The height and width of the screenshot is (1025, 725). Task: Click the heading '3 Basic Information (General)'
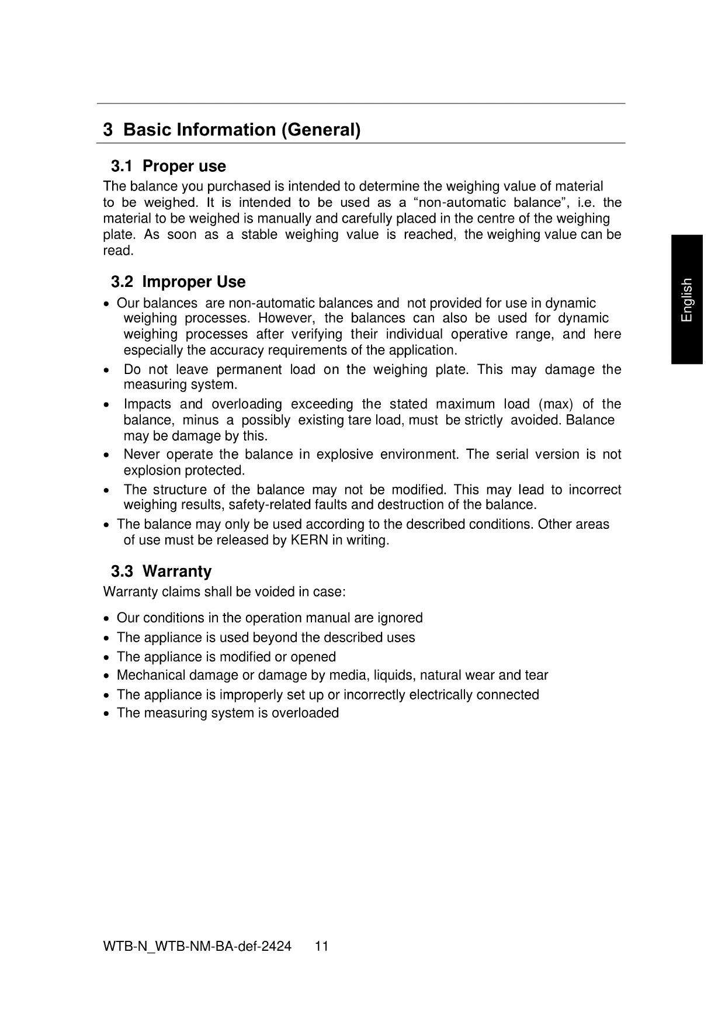(231, 129)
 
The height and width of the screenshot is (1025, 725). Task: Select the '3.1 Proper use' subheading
(168, 166)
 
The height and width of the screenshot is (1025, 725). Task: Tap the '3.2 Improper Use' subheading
(178, 282)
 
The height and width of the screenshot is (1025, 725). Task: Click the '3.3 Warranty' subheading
(161, 571)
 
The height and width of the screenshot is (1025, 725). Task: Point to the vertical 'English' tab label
(687, 299)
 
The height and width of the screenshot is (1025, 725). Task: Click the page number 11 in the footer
(322, 946)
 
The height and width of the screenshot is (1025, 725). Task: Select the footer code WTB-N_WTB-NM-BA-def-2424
(197, 946)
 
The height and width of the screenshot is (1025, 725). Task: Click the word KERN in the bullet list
(309, 540)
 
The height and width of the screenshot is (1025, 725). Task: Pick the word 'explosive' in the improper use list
(345, 455)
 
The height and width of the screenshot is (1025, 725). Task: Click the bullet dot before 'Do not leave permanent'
(106, 370)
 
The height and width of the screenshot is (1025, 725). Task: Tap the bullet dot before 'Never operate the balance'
(106, 455)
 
